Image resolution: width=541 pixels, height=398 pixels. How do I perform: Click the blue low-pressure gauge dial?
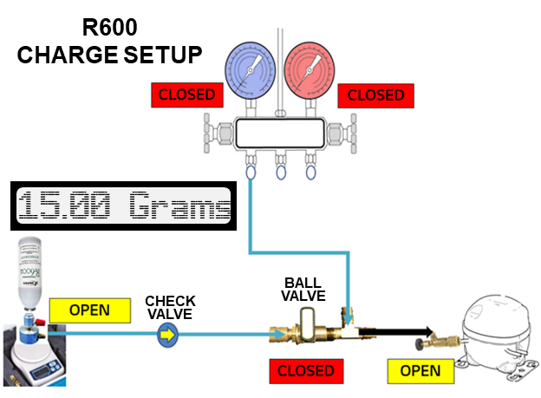pyautogui.click(x=250, y=68)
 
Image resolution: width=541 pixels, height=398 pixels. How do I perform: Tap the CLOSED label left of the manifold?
pyautogui.click(x=184, y=95)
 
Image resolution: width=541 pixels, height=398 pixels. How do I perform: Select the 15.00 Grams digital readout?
pyautogui.click(x=126, y=207)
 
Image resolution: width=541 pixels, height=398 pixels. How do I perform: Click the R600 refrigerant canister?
pyautogui.click(x=32, y=270)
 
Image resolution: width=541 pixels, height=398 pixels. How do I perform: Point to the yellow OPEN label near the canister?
pyautogui.click(x=89, y=309)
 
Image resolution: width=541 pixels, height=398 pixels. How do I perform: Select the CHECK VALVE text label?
pyautogui.click(x=170, y=307)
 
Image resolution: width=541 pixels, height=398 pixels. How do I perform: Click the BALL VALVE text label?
pyautogui.click(x=303, y=290)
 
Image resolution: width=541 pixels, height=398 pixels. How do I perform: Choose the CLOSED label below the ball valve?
pyautogui.click(x=306, y=371)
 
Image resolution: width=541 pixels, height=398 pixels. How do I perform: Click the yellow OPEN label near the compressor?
pyautogui.click(x=420, y=371)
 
